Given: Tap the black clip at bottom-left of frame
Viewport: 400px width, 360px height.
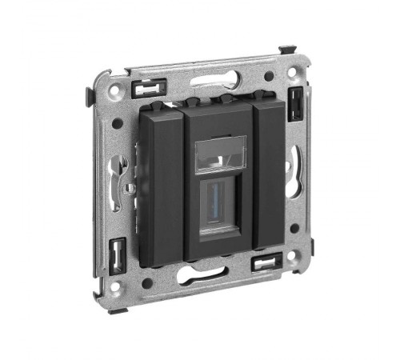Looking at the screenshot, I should point(118,254).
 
